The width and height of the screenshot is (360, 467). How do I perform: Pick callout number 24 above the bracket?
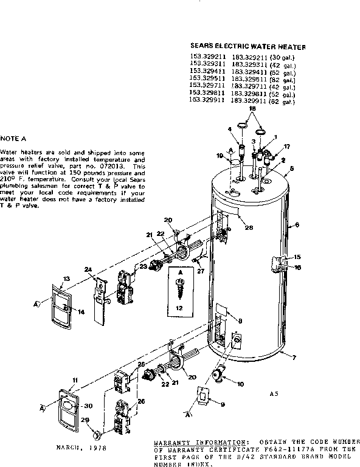[88, 269]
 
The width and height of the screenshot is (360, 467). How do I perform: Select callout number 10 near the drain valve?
[240, 384]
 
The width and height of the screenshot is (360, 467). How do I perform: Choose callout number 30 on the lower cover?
[88, 406]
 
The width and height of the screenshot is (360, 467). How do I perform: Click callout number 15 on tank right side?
[297, 257]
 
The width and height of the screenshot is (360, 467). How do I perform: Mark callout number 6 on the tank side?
[297, 225]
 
